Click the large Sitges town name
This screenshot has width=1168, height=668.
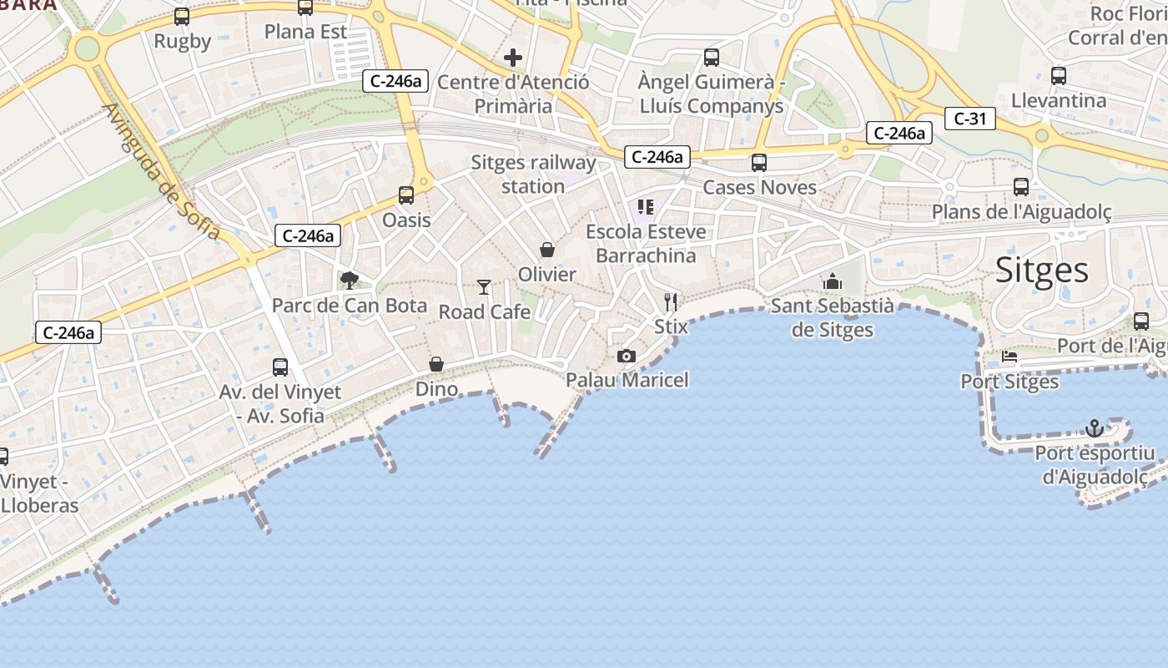pos(1042,271)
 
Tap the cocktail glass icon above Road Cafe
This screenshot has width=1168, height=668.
pos(484,288)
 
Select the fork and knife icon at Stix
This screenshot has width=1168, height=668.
pos(671,301)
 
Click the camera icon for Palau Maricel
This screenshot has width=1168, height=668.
pos(627,357)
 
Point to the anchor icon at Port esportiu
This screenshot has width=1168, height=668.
pos(1094,428)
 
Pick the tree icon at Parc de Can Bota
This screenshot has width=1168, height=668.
pos(349,281)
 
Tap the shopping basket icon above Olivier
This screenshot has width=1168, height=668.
pos(547,250)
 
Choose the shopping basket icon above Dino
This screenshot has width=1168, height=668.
pos(436,365)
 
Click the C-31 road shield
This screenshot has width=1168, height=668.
pos(970,119)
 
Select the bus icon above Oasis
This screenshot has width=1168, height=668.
pos(406,195)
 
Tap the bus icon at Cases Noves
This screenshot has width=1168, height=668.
pos(759,163)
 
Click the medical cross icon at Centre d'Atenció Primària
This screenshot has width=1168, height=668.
pos(513,58)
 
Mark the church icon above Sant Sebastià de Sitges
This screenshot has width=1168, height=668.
pos(832,281)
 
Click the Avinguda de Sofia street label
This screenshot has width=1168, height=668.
pos(162,171)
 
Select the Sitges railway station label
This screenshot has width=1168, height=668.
pos(533,174)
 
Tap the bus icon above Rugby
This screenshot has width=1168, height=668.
pos(182,17)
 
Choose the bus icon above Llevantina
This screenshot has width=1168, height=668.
pos(1059,76)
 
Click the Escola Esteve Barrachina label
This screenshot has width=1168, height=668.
pos(646,243)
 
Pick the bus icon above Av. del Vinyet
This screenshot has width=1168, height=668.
pos(280,367)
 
